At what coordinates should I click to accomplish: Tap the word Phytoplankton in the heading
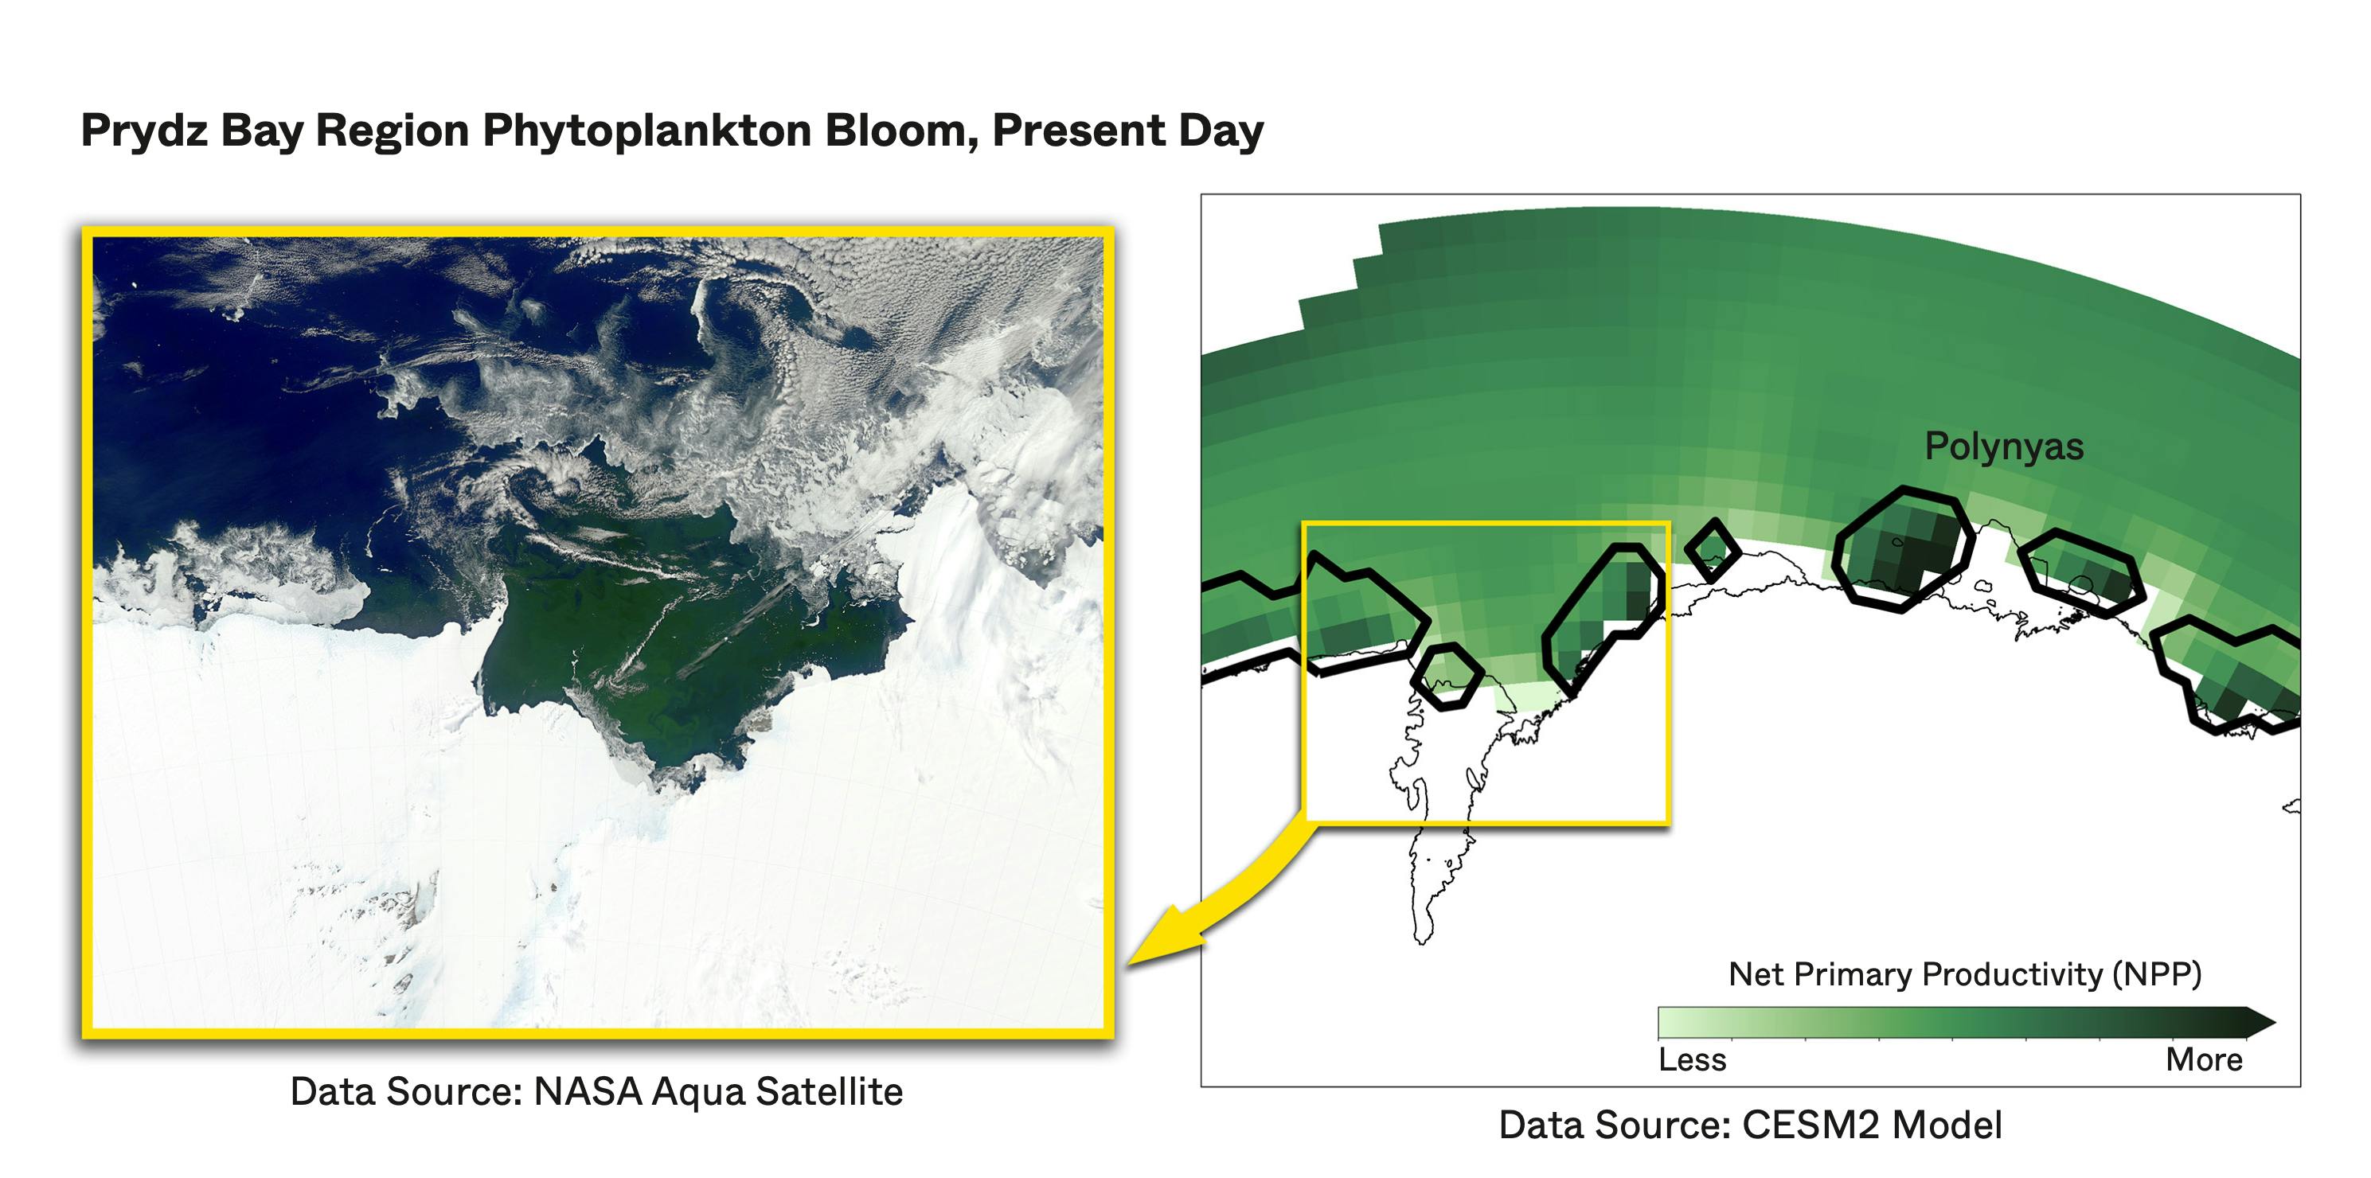pyautogui.click(x=646, y=131)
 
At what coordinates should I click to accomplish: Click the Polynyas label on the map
pyautogui.click(x=2004, y=447)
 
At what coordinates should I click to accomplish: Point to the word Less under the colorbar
pyautogui.click(x=1692, y=1059)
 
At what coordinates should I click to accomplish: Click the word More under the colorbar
pyautogui.click(x=2205, y=1059)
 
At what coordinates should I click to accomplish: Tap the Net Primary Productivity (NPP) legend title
pyautogui.click(x=1965, y=973)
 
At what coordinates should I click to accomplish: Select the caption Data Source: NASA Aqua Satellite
pyautogui.click(x=596, y=1092)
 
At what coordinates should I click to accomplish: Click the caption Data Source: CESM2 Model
pyautogui.click(x=1750, y=1125)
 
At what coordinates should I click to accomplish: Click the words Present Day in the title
pyautogui.click(x=1127, y=131)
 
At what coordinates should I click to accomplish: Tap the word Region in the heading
pyautogui.click(x=392, y=131)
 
